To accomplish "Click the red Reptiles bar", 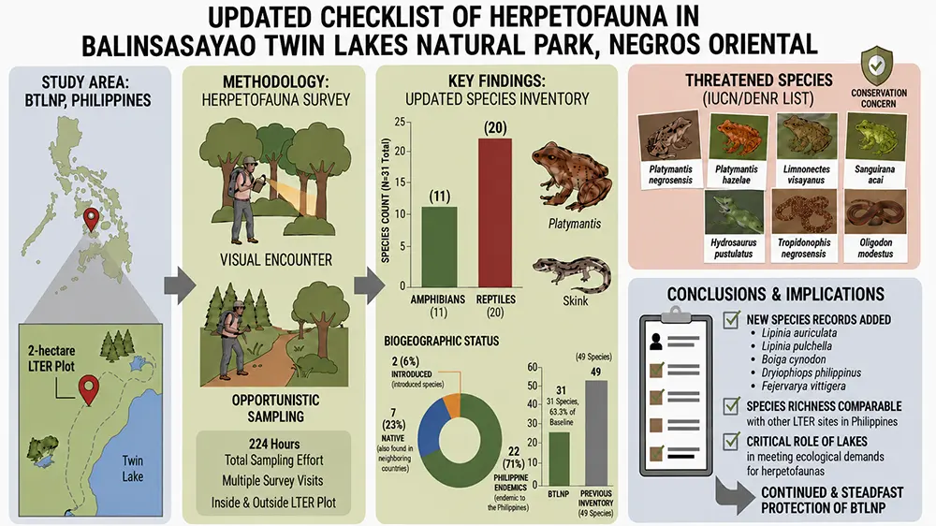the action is pyautogui.click(x=495, y=212).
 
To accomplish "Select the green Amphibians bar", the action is pyautogui.click(x=439, y=246).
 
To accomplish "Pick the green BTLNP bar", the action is pyautogui.click(x=558, y=459).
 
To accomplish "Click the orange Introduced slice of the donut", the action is pyautogui.click(x=452, y=405).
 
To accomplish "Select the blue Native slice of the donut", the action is pyautogui.click(x=431, y=425).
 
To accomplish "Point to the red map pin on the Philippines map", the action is pyautogui.click(x=91, y=219).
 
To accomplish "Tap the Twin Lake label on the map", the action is pyautogui.click(x=133, y=469).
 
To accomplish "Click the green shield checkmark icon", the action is pyautogui.click(x=876, y=66).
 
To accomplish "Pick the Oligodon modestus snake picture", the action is pyautogui.click(x=876, y=212).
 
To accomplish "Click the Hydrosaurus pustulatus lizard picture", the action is pyautogui.click(x=734, y=212).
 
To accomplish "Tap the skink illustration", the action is pyautogui.click(x=573, y=274).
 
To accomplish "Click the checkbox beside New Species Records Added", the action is pyautogui.click(x=731, y=320).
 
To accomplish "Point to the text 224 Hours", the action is pyautogui.click(x=274, y=444).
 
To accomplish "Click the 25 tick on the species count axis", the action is pyautogui.click(x=400, y=123).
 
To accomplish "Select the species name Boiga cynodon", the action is pyautogui.click(x=794, y=359).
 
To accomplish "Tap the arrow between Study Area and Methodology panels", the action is pyautogui.click(x=179, y=285).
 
